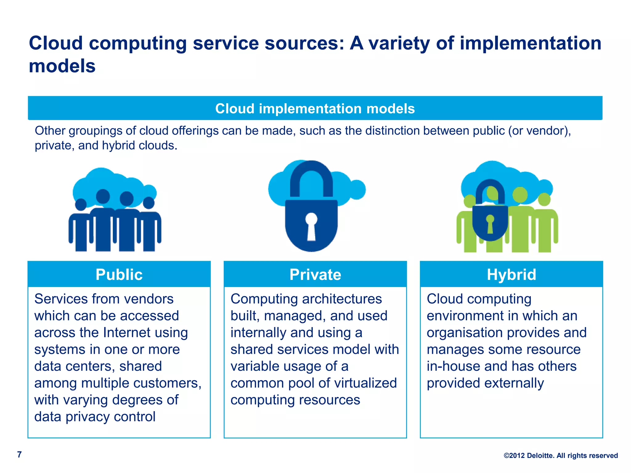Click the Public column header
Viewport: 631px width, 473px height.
point(119,274)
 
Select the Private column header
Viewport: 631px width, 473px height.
point(315,274)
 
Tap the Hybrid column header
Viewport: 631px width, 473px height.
point(511,274)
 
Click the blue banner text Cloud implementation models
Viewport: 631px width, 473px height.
point(315,109)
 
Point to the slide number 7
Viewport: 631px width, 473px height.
point(19,455)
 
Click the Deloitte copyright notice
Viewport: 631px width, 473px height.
point(561,455)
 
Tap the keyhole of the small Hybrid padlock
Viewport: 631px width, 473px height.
point(490,223)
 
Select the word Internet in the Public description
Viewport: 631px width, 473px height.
point(127,333)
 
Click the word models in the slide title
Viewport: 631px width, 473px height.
point(62,66)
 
